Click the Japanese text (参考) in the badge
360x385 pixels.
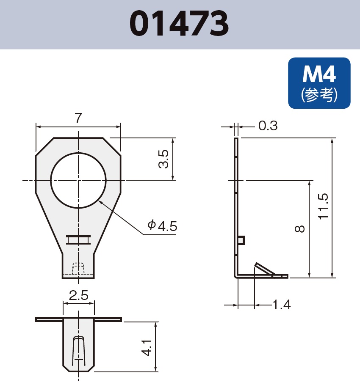319,95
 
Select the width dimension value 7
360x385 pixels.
78,119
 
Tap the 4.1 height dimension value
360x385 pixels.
147,347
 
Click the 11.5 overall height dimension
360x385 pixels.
323,206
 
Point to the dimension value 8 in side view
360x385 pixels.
299,229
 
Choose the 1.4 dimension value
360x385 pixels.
281,304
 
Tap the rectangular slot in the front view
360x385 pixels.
78,239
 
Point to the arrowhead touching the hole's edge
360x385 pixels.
101,202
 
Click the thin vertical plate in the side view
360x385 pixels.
236,203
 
